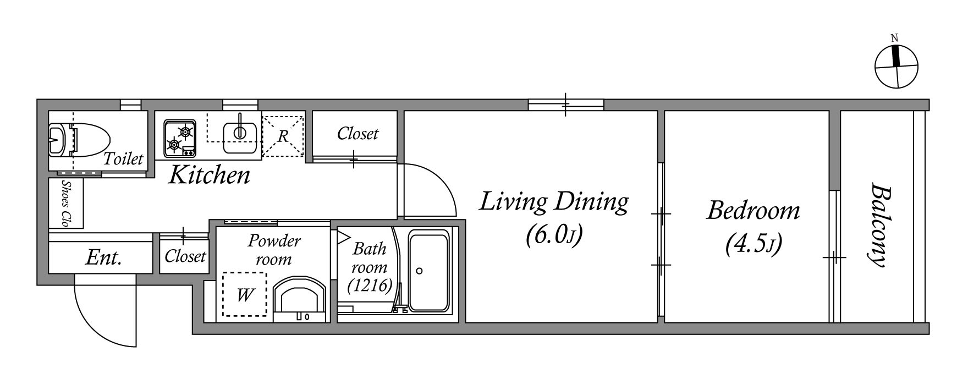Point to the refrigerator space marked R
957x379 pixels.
point(283,135)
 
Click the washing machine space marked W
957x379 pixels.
point(245,295)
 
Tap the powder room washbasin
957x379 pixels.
point(300,299)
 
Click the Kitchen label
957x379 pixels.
point(209,175)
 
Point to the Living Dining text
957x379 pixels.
point(554,202)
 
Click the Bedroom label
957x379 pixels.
point(754,210)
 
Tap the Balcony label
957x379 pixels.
point(880,225)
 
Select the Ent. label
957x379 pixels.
point(103,257)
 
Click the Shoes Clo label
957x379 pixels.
point(67,204)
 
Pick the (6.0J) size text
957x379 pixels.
point(554,235)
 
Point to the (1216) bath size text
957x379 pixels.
point(370,285)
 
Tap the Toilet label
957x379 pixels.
point(124,159)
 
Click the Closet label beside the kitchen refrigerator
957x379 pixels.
point(358,134)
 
